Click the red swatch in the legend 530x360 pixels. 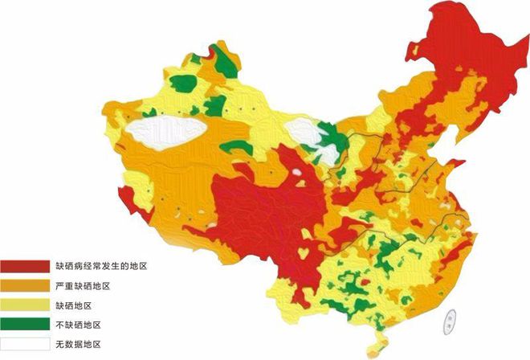click(25, 266)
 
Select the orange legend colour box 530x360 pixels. click(25, 286)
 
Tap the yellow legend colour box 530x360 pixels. click(25, 306)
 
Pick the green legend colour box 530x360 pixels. click(25, 325)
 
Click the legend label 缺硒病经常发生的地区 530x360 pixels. click(102, 266)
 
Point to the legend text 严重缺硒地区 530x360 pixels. click(83, 286)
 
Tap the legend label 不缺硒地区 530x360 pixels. click(78, 325)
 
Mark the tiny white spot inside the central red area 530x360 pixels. click(299, 171)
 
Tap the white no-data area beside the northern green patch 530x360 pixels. click(303, 131)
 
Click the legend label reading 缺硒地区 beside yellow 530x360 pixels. click(73, 306)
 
